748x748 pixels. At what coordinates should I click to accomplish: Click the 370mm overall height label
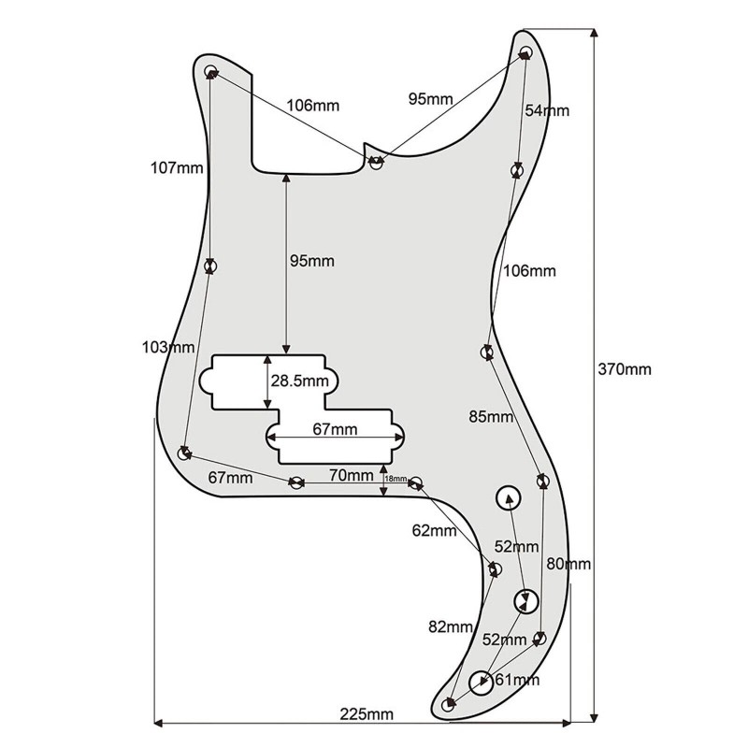624,368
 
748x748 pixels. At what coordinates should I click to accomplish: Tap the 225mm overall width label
367,714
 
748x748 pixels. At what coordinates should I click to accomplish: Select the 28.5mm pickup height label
300,381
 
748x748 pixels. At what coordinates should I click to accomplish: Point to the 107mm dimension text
177,168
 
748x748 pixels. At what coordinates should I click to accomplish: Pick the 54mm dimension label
546,110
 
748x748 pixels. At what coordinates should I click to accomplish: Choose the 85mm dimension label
491,416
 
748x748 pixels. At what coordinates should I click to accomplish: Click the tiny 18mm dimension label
396,479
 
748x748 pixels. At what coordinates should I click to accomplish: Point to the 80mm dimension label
568,564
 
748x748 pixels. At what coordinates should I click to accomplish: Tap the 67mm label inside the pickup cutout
334,429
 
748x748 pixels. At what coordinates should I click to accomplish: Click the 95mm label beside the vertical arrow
310,261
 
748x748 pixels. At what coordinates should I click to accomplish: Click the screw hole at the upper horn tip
525,52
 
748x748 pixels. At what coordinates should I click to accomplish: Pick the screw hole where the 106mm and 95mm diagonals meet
376,162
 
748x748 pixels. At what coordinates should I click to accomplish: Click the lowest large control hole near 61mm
482,683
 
